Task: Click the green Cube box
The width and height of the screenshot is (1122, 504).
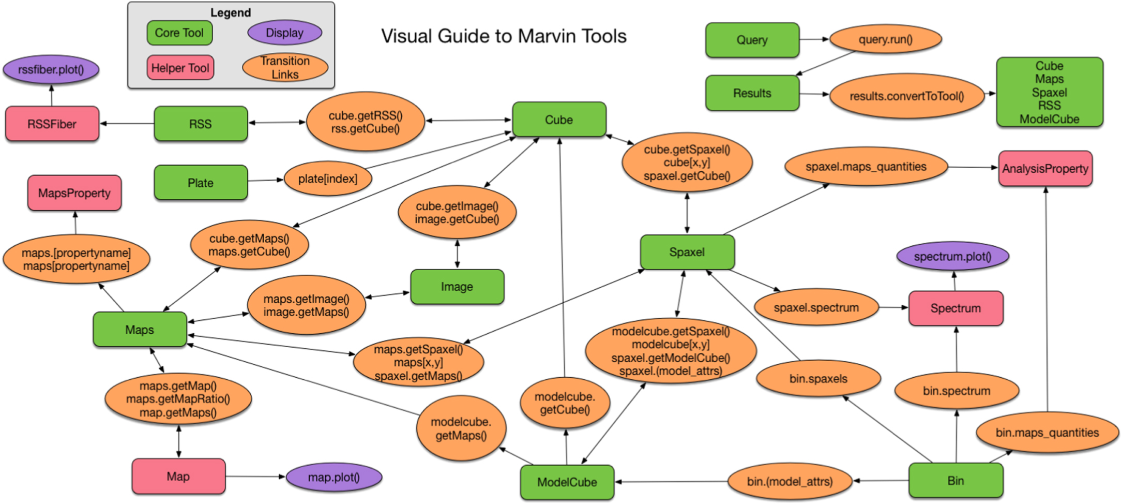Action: pyautogui.click(x=559, y=120)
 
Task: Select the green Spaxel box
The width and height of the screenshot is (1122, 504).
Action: pyautogui.click(x=687, y=252)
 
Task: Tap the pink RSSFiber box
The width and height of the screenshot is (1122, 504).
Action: pyautogui.click(x=52, y=124)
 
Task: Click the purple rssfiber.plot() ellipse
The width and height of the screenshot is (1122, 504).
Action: pyautogui.click(x=51, y=69)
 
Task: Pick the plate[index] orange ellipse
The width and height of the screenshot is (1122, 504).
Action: pyautogui.click(x=327, y=179)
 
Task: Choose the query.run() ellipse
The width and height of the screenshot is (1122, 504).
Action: pyautogui.click(x=885, y=39)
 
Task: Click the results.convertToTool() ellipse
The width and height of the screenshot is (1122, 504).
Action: pyautogui.click(x=906, y=96)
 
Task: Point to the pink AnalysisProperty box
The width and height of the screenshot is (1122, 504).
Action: pyautogui.click(x=1045, y=169)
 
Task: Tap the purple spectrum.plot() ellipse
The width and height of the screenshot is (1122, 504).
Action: pyautogui.click(x=952, y=257)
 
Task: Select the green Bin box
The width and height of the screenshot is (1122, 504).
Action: pyautogui.click(x=956, y=481)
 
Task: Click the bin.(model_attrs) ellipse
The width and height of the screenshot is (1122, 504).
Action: pyautogui.click(x=790, y=481)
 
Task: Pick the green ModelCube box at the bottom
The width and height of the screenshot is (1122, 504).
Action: pyautogui.click(x=567, y=482)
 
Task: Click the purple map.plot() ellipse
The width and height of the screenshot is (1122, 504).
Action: pyautogui.click(x=333, y=477)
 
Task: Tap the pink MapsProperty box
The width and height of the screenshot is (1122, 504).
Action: pyautogui.click(x=74, y=193)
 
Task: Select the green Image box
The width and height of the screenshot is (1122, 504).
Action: pyautogui.click(x=457, y=287)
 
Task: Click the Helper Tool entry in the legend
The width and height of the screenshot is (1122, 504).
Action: pyautogui.click(x=180, y=68)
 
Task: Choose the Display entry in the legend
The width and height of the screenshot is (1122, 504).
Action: pyautogui.click(x=284, y=33)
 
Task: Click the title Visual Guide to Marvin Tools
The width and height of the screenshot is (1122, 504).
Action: pyautogui.click(x=504, y=36)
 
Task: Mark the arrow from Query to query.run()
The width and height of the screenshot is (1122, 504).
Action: pyautogui.click(x=814, y=39)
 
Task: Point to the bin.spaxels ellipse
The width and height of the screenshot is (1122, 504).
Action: pyautogui.click(x=818, y=379)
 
